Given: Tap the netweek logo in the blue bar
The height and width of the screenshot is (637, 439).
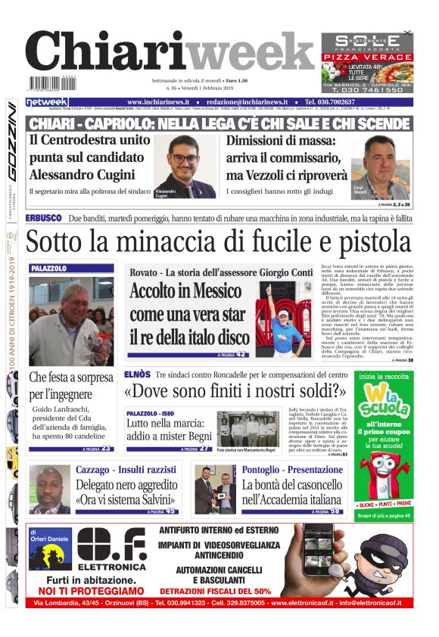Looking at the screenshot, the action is pos(47,102).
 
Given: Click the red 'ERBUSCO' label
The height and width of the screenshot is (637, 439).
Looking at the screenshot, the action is pos(43,219).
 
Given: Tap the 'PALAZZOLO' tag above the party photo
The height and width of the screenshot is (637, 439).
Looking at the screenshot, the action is pos(49,269).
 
